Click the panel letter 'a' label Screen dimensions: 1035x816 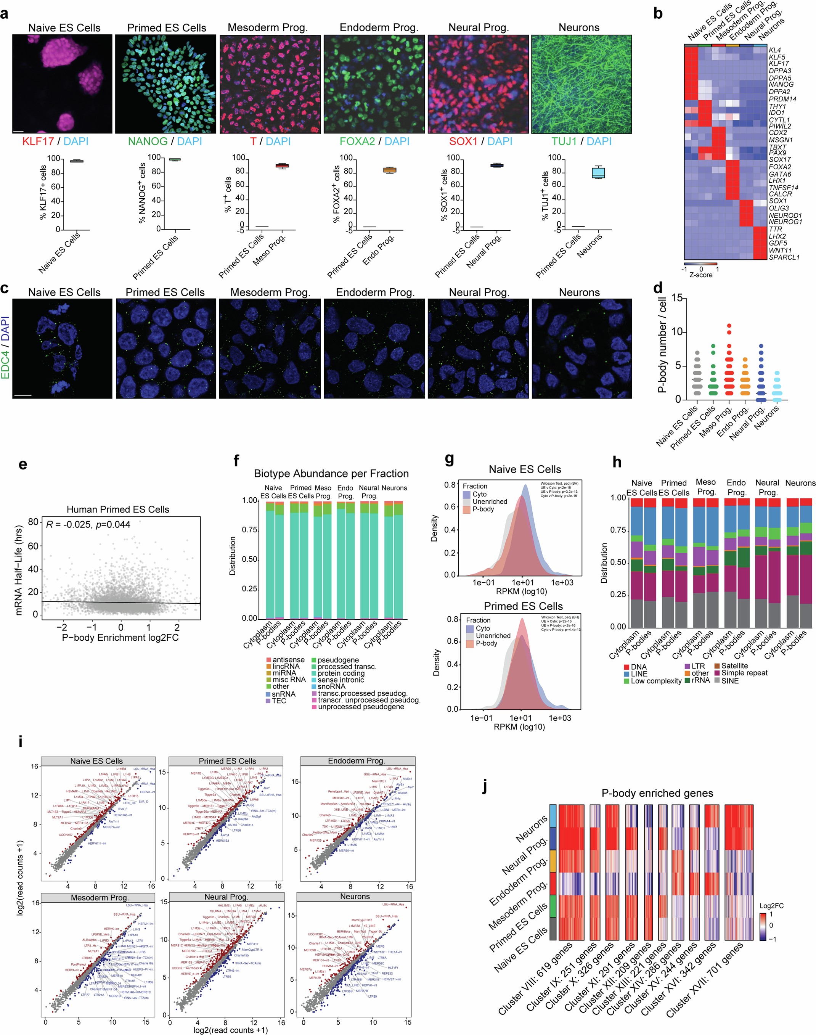[x=5, y=13]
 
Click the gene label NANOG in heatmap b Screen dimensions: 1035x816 [x=781, y=85]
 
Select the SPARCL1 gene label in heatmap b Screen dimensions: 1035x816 [x=784, y=257]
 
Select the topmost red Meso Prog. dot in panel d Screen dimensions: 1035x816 [x=729, y=326]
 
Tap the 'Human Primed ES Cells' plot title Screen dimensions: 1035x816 [x=117, y=509]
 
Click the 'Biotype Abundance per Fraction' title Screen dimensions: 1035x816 [x=331, y=474]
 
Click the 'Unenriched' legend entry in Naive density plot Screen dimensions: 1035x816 [x=490, y=501]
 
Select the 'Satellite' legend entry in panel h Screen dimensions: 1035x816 [x=734, y=665]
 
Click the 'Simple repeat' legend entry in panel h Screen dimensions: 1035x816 [x=744, y=673]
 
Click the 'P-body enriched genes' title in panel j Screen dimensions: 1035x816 [x=657, y=793]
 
